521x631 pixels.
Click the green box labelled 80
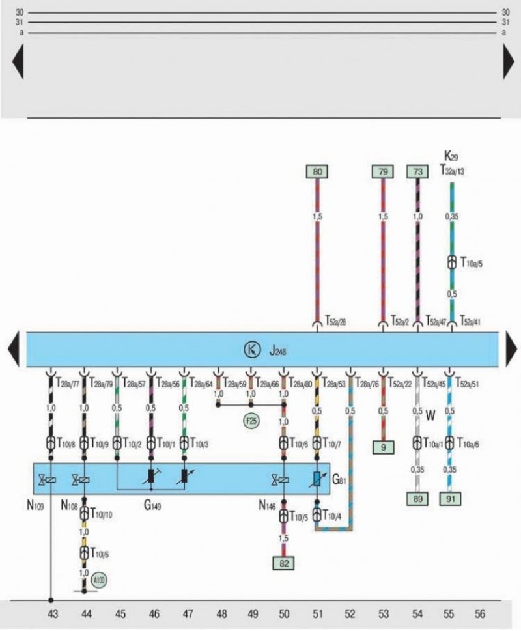pyautogui.click(x=317, y=173)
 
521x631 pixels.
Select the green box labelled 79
pyautogui.click(x=382, y=173)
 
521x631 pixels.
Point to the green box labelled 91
pyautogui.click(x=450, y=499)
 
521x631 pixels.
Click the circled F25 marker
pyautogui.click(x=251, y=420)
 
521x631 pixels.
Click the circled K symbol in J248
pyautogui.click(x=251, y=350)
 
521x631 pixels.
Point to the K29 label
pyautogui.click(x=451, y=156)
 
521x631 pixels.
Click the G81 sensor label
pyautogui.click(x=340, y=481)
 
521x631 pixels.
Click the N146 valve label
pyautogui.click(x=267, y=504)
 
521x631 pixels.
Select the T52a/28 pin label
pyautogui.click(x=335, y=321)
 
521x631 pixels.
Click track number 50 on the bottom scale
pyautogui.click(x=284, y=613)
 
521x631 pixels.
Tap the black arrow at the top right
pyautogui.click(x=509, y=63)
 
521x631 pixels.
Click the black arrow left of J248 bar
pyautogui.click(x=13, y=350)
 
